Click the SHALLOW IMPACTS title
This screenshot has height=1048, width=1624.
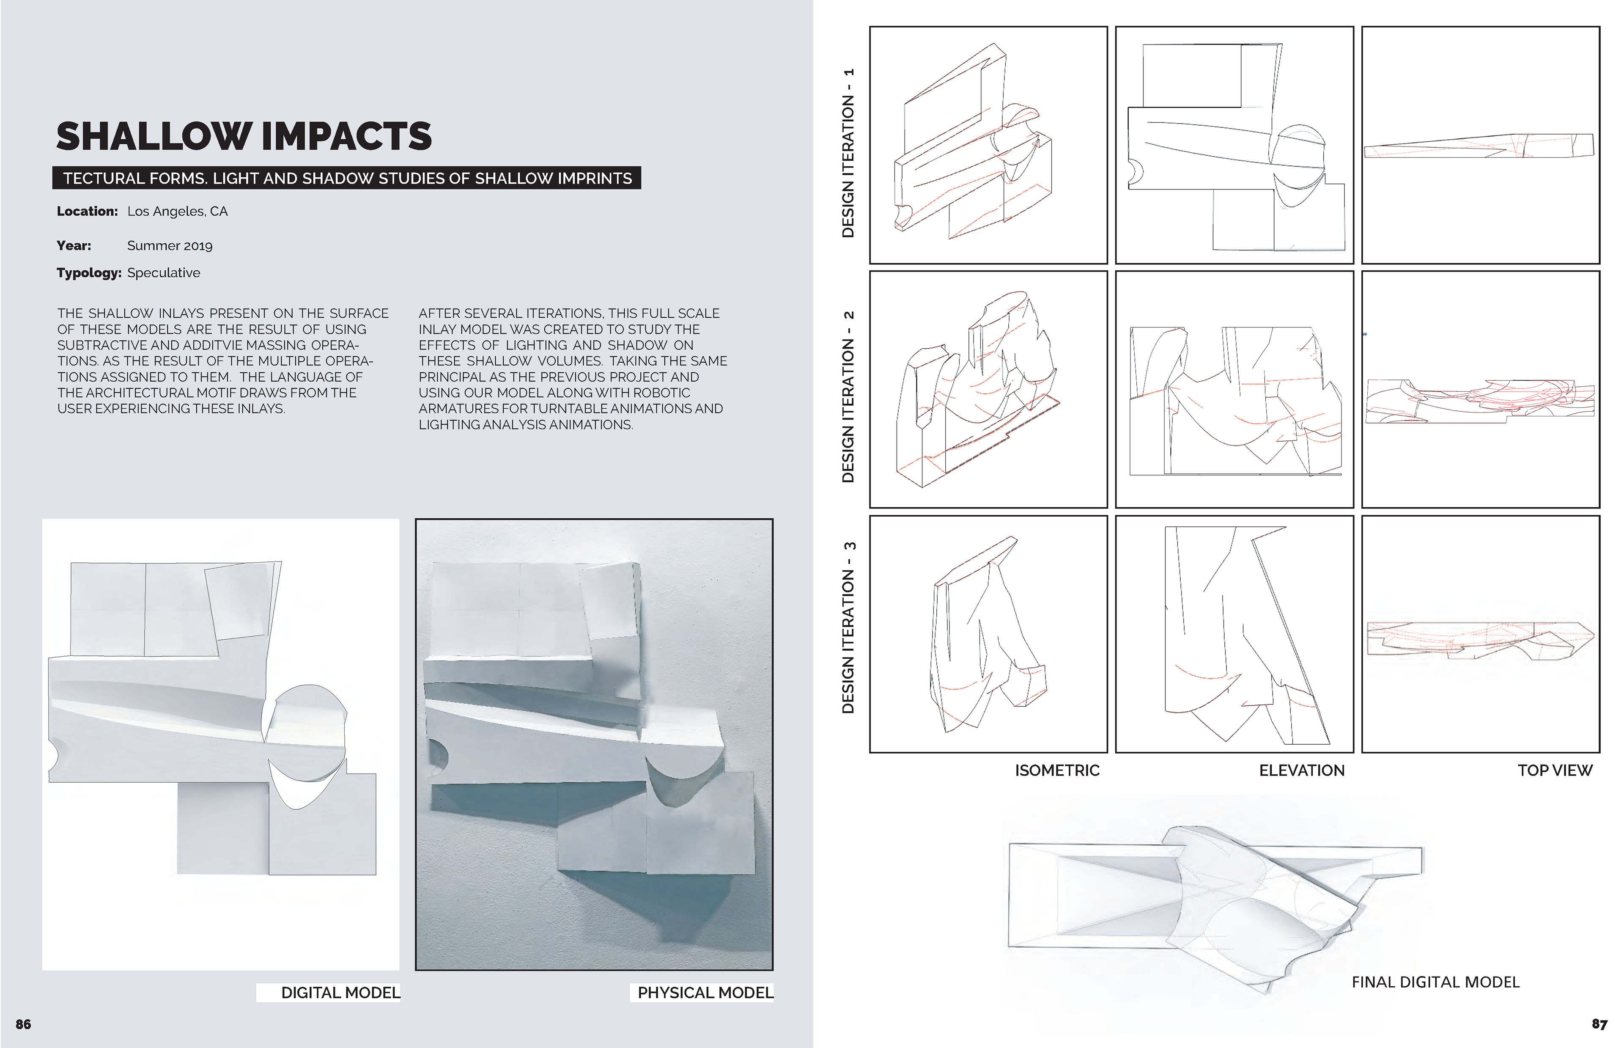[x=244, y=136]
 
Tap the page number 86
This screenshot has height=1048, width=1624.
[x=23, y=1024]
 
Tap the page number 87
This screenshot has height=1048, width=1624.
[x=1599, y=1024]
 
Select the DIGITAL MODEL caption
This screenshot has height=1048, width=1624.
[x=340, y=993]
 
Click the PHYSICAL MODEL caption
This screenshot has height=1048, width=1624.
[x=705, y=993]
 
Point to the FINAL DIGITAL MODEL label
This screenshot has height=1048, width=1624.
[x=1435, y=982]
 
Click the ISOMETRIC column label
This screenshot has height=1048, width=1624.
[x=1057, y=770]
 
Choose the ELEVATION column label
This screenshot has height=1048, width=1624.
[x=1302, y=770]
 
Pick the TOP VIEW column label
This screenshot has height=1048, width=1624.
[x=1555, y=770]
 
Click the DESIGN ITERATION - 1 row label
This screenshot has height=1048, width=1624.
[x=848, y=153]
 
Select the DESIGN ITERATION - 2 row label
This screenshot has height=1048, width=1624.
[x=848, y=397]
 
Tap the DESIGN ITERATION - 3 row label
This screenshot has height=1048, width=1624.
[x=848, y=627]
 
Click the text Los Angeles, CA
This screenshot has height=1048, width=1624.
[x=178, y=212]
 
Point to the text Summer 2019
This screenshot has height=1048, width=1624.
[x=170, y=246]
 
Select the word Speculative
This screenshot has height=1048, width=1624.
[x=164, y=273]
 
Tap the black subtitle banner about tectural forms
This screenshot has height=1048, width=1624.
[x=347, y=178]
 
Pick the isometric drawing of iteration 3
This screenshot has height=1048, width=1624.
[x=988, y=634]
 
